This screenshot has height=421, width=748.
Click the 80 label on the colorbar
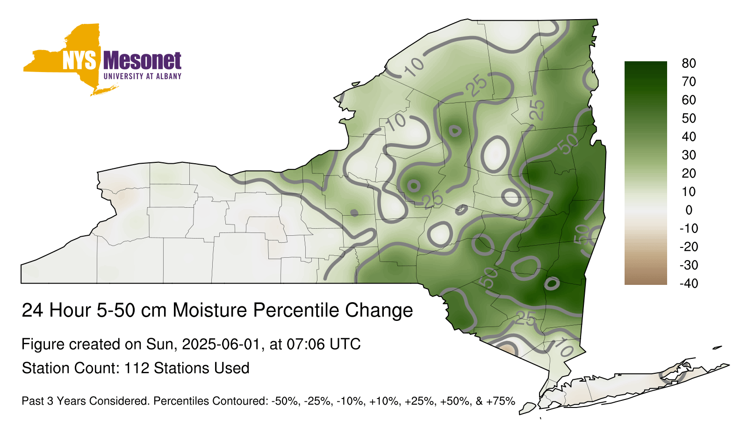point(689,63)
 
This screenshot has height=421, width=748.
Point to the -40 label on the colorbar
point(689,283)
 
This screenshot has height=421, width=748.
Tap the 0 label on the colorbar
point(689,210)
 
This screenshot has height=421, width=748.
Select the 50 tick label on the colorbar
point(689,118)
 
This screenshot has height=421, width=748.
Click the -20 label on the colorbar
point(689,247)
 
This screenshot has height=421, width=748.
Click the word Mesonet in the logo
point(142,61)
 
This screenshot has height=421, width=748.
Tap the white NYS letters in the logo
point(79,61)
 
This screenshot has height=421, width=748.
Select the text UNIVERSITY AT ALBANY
point(143,76)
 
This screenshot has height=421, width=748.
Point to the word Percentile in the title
point(296,311)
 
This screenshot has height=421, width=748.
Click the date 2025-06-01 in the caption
point(220,344)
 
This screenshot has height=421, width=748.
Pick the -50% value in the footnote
point(285,401)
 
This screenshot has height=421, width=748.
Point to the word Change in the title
point(379,311)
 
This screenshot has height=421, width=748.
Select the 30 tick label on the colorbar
point(689,155)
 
